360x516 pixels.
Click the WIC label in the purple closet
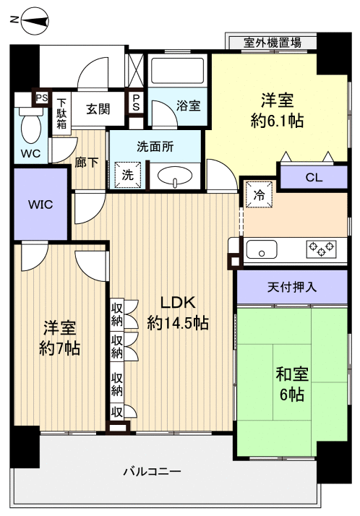click(40, 205)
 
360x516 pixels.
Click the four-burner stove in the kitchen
click(321, 248)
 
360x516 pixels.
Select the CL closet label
click(314, 176)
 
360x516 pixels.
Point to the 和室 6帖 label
click(291, 384)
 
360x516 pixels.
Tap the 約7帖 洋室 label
click(59, 338)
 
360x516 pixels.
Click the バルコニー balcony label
click(151, 471)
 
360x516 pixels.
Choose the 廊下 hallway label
click(86, 163)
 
